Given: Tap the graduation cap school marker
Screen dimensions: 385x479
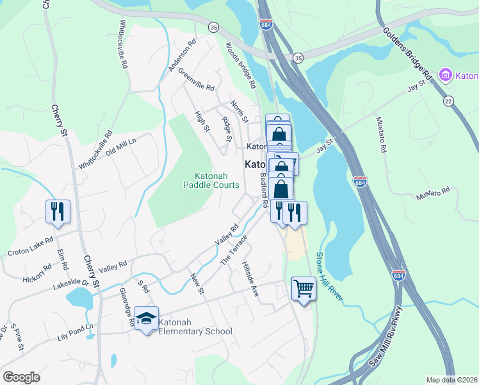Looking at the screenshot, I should click(x=147, y=319).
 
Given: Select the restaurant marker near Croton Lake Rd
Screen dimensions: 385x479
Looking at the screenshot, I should click(x=58, y=211).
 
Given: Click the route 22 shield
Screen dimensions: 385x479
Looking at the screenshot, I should click(x=448, y=101).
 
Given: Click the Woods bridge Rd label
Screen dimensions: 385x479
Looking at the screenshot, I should click(x=241, y=65).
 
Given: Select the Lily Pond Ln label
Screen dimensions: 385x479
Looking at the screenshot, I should click(x=75, y=331).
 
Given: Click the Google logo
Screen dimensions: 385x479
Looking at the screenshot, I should click(x=21, y=377).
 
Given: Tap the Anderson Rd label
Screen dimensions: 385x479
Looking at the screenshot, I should click(x=181, y=56).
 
